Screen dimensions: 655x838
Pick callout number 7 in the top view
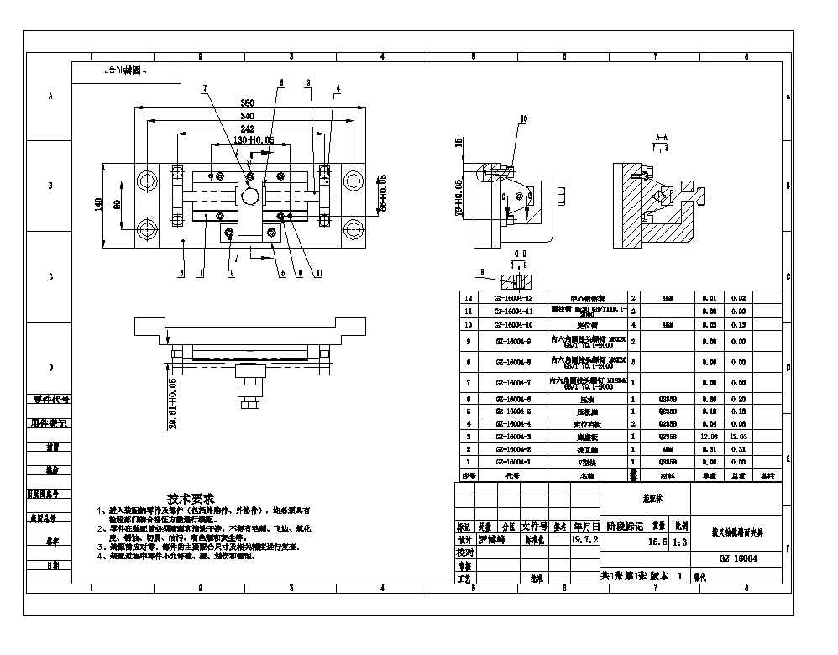pos(204,87)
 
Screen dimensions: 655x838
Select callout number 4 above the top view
pos(337,87)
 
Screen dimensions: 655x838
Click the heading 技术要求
pos(191,498)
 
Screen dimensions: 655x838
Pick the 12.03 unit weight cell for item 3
pos(710,437)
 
